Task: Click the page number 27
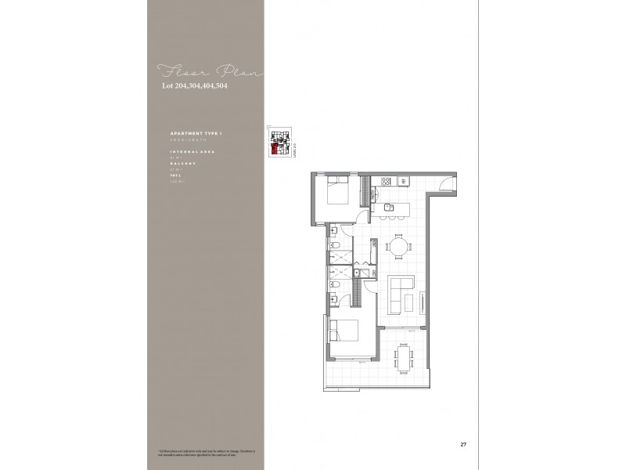[x=463, y=444]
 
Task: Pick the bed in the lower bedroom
[x=345, y=334]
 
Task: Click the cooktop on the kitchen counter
[x=386, y=182]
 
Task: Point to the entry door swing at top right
[x=444, y=184]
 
